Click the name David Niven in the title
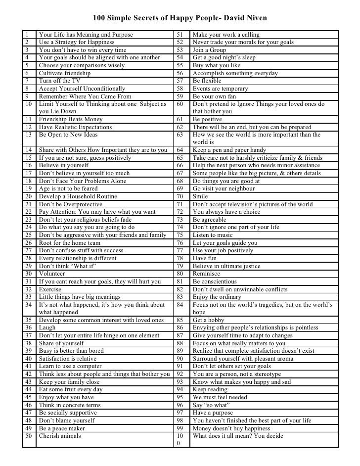[245, 19]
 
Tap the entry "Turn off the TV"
[61, 81]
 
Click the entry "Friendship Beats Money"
[71, 119]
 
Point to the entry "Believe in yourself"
[63, 165]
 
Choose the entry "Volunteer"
[52, 274]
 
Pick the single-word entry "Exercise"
[50, 289]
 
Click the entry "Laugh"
[47, 327]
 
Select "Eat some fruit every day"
[71, 389]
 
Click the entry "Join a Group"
[209, 50]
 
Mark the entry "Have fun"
[205, 258]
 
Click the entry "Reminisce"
[207, 274]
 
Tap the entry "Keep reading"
[211, 389]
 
